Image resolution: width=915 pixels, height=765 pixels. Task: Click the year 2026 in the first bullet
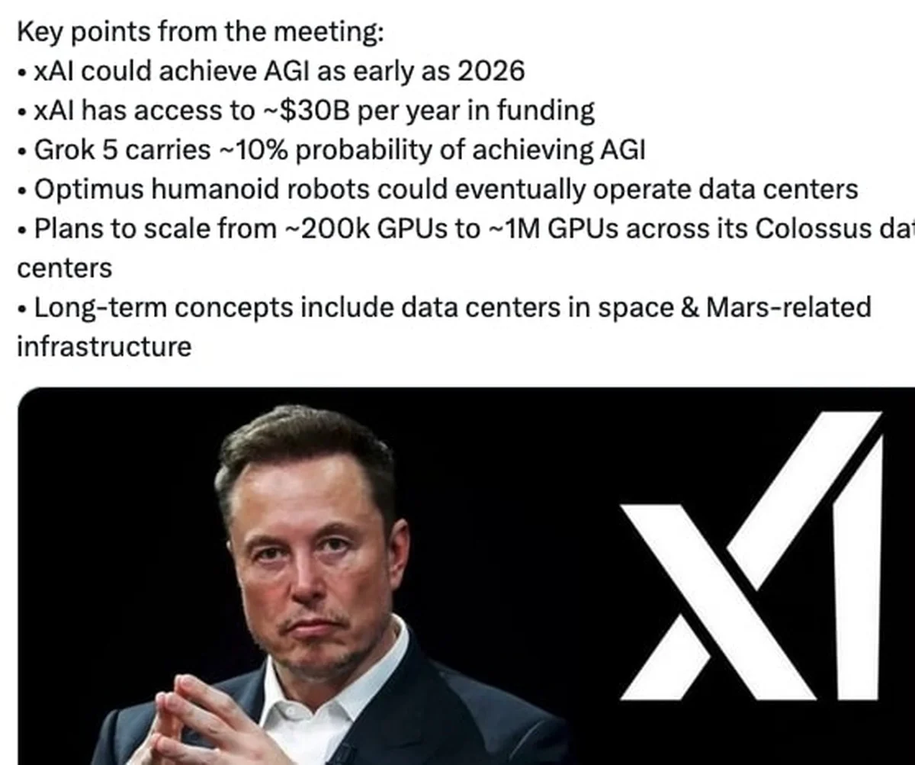[x=491, y=72]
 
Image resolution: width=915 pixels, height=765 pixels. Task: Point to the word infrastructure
[x=104, y=347]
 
